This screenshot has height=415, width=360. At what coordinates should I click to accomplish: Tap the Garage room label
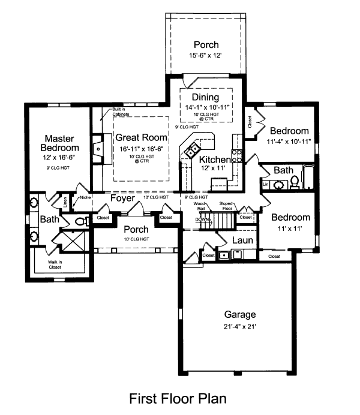(240, 314)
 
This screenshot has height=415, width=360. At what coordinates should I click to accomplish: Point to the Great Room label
(139, 136)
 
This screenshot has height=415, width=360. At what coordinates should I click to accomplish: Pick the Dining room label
(205, 97)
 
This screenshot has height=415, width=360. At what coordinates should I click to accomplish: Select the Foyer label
(122, 197)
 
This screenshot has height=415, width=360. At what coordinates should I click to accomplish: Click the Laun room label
(242, 240)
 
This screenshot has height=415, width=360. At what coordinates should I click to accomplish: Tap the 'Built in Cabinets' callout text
(121, 112)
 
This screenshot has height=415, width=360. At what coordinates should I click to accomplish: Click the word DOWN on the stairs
(203, 220)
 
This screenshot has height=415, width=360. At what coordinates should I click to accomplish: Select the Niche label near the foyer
(84, 197)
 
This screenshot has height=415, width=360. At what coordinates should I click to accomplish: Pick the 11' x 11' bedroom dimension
(290, 228)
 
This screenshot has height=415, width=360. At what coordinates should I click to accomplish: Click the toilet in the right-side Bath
(295, 181)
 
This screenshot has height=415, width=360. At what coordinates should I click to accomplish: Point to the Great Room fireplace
(97, 146)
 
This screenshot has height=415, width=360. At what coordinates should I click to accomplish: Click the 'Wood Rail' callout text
(200, 206)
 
